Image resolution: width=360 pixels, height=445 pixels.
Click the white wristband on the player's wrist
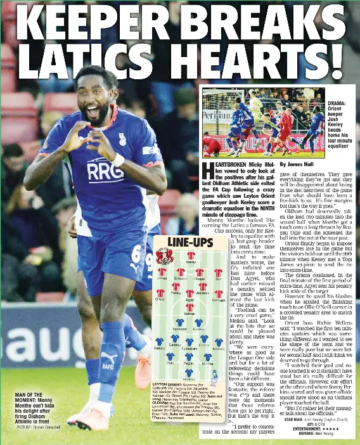click(118, 160)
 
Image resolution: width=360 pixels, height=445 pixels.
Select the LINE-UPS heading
click(190, 243)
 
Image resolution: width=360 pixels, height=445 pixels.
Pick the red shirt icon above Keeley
click(190, 255)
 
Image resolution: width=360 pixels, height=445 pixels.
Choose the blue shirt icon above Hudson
click(189, 372)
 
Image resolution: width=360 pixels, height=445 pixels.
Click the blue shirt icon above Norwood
click(180, 323)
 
